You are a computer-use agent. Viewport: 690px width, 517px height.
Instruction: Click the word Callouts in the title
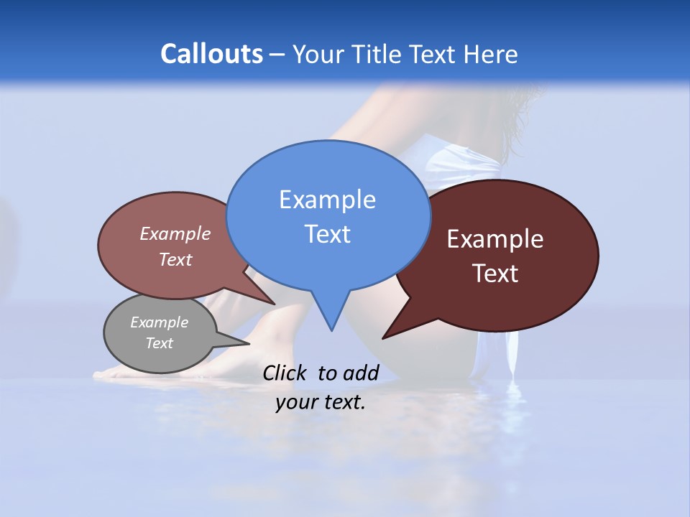point(211,54)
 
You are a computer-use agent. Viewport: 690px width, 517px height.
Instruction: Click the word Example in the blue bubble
point(327,200)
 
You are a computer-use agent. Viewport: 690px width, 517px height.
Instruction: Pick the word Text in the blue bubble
point(327,234)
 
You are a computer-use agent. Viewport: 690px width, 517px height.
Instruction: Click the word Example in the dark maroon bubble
point(495,239)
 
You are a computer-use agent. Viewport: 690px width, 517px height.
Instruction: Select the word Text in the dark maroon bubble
point(495,274)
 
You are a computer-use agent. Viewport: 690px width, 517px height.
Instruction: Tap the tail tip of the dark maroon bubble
point(384,337)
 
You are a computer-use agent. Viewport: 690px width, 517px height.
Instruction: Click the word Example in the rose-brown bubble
point(175,233)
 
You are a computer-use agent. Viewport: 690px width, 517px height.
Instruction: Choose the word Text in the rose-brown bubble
point(175,259)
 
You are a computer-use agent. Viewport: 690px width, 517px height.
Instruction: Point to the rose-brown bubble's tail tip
point(275,304)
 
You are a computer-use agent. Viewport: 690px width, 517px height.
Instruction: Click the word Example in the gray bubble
point(159,322)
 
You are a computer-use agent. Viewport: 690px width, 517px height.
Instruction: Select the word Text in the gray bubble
point(159,343)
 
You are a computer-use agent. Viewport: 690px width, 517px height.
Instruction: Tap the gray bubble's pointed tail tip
point(249,343)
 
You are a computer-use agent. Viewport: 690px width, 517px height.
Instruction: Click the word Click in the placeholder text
point(285,373)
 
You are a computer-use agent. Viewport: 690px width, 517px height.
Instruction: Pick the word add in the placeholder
point(361,373)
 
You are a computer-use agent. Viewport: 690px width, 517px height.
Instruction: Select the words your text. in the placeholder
point(321,402)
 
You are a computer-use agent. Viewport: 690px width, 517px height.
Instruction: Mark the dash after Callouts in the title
point(277,55)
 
